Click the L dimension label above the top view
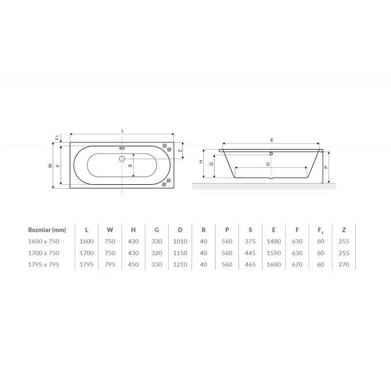pyautogui.click(x=123, y=131)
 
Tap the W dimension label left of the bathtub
pyautogui.click(x=50, y=166)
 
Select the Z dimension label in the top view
pyautogui.click(x=180, y=151)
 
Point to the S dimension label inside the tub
pyautogui.click(x=130, y=166)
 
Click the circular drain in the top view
pyautogui.click(x=122, y=159)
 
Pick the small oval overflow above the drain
pyautogui.click(x=122, y=148)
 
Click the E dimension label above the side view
pyautogui.click(x=272, y=140)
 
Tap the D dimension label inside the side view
pyautogui.click(x=268, y=164)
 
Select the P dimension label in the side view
pyautogui.click(x=326, y=167)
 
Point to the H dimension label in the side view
pyautogui.click(x=201, y=162)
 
